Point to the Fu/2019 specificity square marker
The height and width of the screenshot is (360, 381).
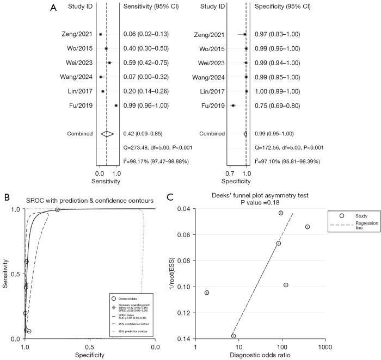pos(233,105)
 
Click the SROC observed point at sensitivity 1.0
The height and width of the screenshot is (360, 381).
pos(57,210)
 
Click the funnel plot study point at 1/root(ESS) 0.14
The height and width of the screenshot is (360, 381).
pos(233,336)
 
